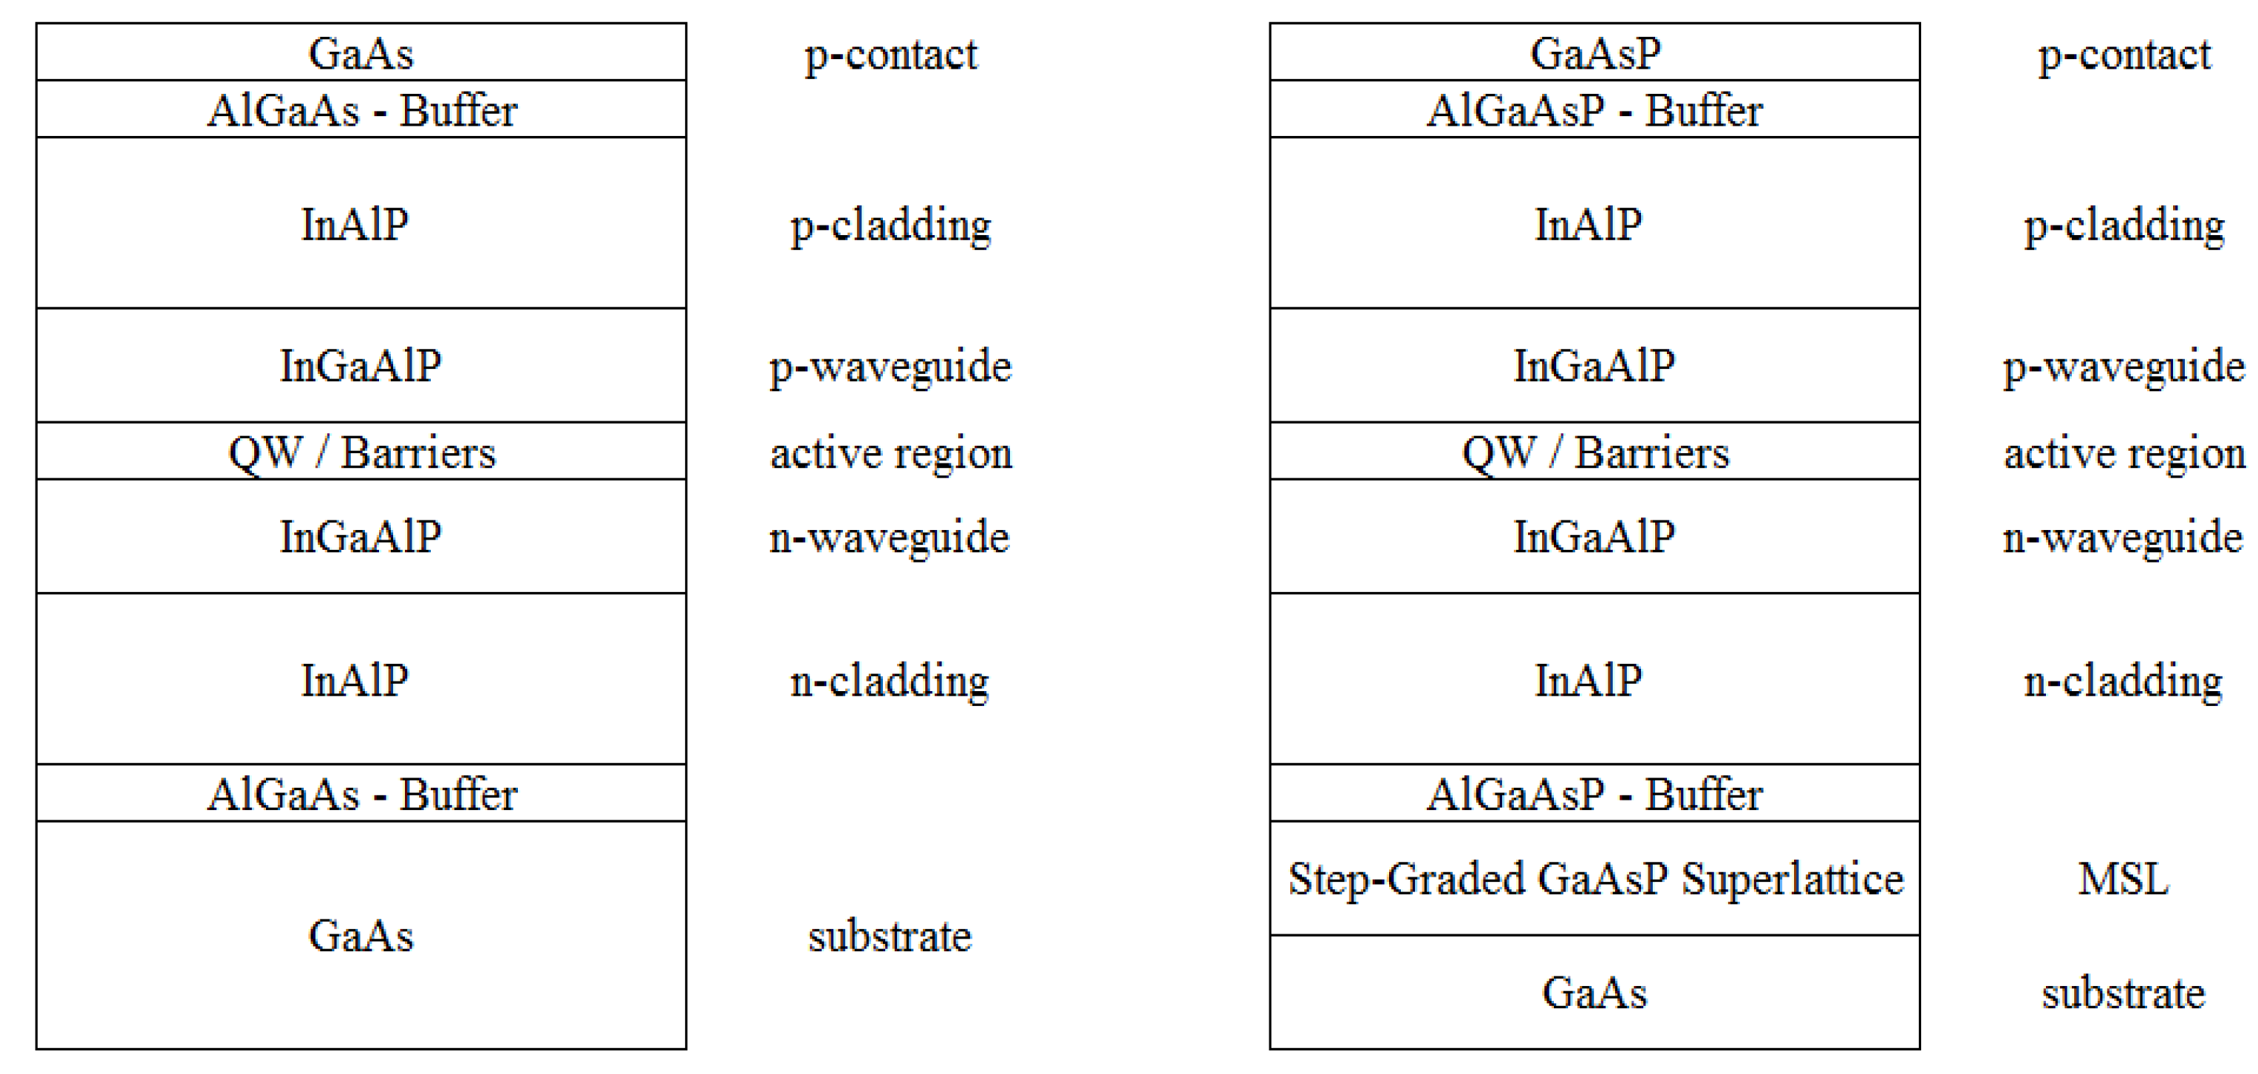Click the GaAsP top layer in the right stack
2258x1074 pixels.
click(x=1594, y=52)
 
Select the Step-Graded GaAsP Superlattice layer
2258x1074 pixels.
click(x=1594, y=878)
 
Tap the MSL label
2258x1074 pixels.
click(x=2122, y=878)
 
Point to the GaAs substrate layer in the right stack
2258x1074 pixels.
click(x=1594, y=993)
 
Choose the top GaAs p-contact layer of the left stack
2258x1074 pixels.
click(x=361, y=52)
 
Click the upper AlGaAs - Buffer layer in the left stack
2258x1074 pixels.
click(x=361, y=109)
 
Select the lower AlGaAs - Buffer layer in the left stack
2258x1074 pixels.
click(x=361, y=793)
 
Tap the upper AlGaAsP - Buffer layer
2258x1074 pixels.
click(x=1594, y=109)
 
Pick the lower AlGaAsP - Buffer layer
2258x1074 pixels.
click(x=1594, y=793)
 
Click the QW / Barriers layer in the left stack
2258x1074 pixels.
click(x=361, y=452)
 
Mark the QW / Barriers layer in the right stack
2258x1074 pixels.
click(x=1594, y=452)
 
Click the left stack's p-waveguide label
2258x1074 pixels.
click(x=890, y=367)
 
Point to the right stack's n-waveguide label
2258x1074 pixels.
click(x=2122, y=537)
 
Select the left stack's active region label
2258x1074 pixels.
click(x=890, y=453)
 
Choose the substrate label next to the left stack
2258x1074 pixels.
click(x=890, y=937)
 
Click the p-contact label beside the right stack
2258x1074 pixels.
click(x=2123, y=55)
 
